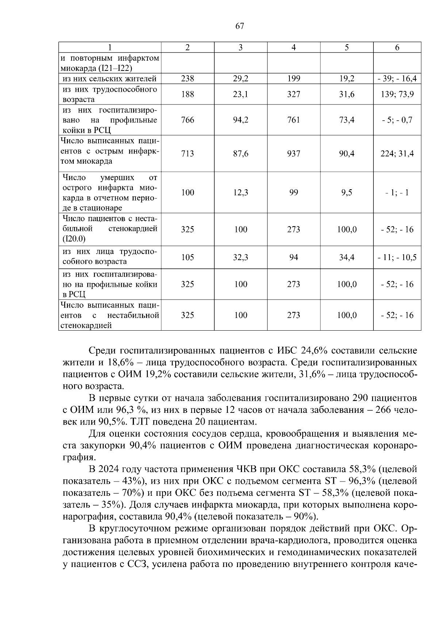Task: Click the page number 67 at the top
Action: pyautogui.click(x=240, y=26)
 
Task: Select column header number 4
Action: pyautogui.click(x=293, y=47)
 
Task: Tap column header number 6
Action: pyautogui.click(x=397, y=47)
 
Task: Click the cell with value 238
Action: pyautogui.click(x=188, y=79)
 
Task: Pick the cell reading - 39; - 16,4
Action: pyautogui.click(x=397, y=79)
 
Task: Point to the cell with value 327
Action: pyautogui.click(x=293, y=95)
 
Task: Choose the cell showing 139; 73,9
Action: pyautogui.click(x=397, y=95)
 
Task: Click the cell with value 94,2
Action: pyautogui.click(x=241, y=120)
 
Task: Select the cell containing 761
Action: pyautogui.click(x=293, y=120)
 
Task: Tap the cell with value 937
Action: pyautogui.click(x=293, y=154)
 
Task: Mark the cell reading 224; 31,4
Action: pyautogui.click(x=397, y=154)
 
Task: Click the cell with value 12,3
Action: pyautogui.click(x=241, y=193)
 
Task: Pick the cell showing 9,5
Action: pyautogui.click(x=347, y=193)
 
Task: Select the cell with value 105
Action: pyautogui.click(x=188, y=258)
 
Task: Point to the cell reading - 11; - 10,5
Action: pyautogui.click(x=397, y=258)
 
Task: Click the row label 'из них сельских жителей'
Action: pyautogui.click(x=109, y=79)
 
